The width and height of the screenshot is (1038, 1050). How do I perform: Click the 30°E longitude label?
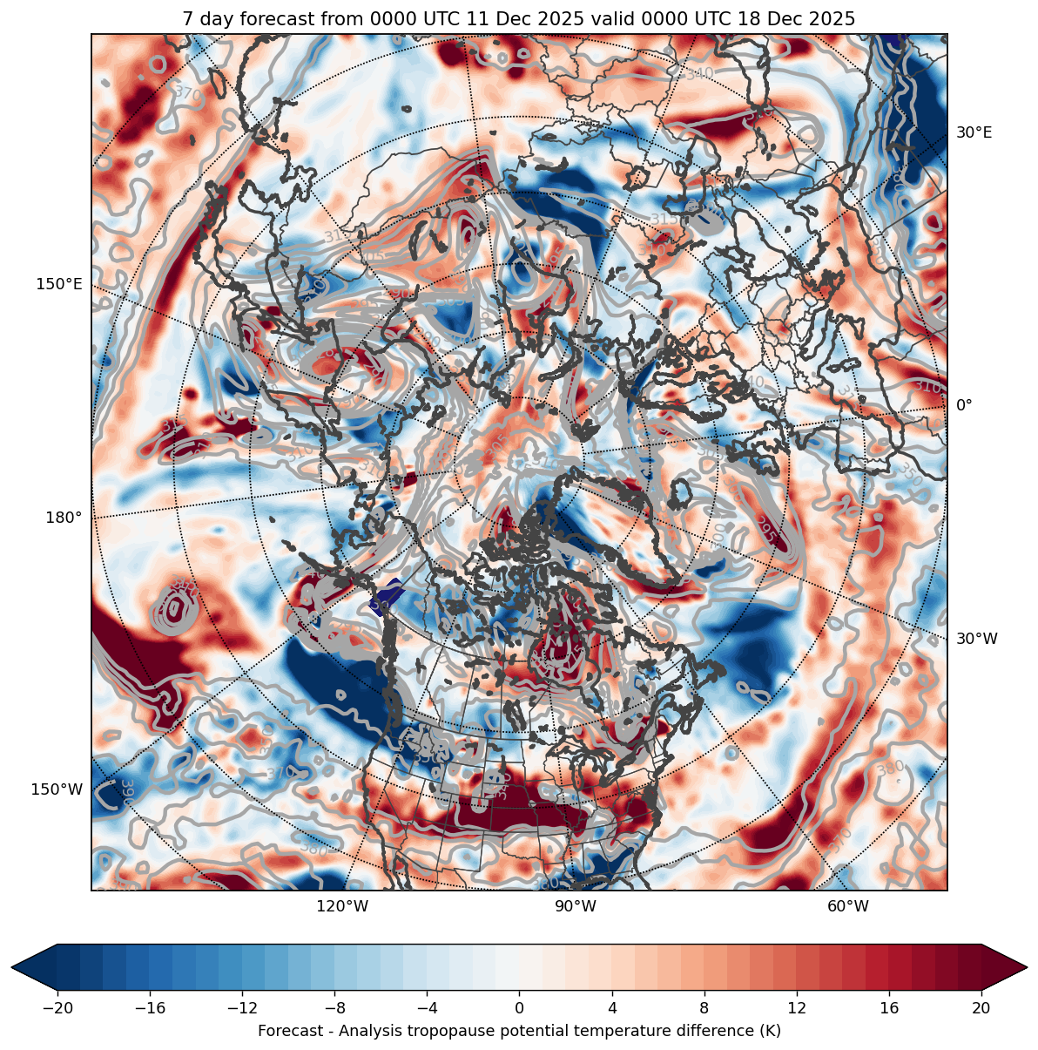[974, 132]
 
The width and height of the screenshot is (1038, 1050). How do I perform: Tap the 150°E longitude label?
[59, 284]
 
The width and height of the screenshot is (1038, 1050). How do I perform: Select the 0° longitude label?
[964, 405]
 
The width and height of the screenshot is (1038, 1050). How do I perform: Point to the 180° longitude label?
[64, 518]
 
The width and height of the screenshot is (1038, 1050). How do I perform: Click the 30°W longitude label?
[976, 639]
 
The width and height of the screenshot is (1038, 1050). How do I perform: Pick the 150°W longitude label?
[57, 789]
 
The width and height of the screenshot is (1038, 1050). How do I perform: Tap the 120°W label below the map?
[342, 906]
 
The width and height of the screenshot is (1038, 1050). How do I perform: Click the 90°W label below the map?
[576, 906]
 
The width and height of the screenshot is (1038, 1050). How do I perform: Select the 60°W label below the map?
[848, 906]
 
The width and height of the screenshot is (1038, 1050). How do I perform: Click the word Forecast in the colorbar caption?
[289, 1031]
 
